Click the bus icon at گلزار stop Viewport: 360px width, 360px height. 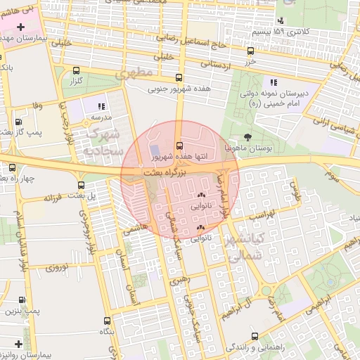[77, 70]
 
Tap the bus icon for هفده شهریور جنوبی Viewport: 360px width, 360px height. [179, 78]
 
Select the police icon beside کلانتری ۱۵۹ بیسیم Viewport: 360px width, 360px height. [281, 20]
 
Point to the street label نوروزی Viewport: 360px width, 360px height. [56, 267]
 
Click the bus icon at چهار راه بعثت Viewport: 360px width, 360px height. [12, 167]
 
